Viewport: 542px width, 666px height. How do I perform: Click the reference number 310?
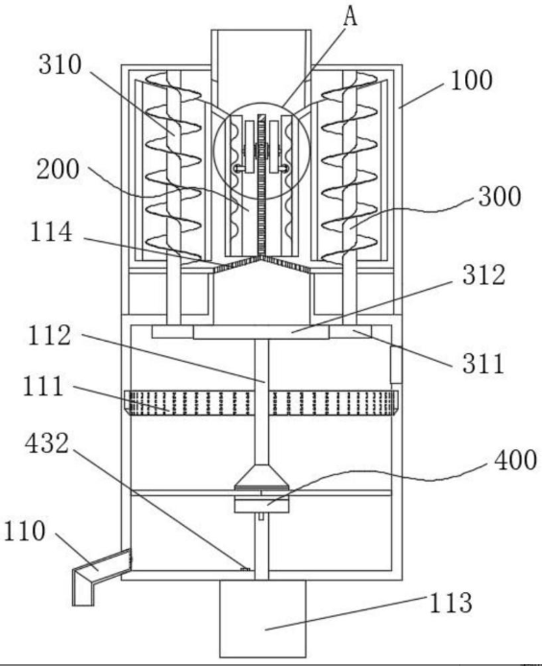click(60, 65)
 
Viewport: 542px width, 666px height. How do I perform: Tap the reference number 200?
click(58, 169)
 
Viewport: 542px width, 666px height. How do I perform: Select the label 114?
click(51, 232)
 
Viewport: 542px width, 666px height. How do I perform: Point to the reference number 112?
click(49, 336)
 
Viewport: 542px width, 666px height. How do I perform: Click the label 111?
click(43, 387)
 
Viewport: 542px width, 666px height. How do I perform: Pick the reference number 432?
click(47, 443)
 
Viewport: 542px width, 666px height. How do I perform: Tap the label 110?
click(24, 531)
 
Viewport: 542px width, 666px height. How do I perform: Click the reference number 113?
click(451, 603)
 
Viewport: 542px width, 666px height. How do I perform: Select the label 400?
click(516, 460)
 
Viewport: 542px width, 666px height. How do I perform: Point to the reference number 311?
click(483, 364)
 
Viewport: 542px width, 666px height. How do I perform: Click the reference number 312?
click(484, 274)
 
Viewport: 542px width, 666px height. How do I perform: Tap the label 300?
click(500, 196)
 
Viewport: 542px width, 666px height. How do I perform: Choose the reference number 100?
click(472, 81)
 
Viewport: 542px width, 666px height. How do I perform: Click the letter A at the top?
click(350, 16)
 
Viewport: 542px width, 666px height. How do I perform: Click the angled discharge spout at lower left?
click(102, 577)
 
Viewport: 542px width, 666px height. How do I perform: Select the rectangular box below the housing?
click(262, 618)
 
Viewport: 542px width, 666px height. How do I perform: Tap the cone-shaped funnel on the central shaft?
click(261, 477)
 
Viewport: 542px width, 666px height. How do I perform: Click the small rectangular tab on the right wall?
click(396, 365)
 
